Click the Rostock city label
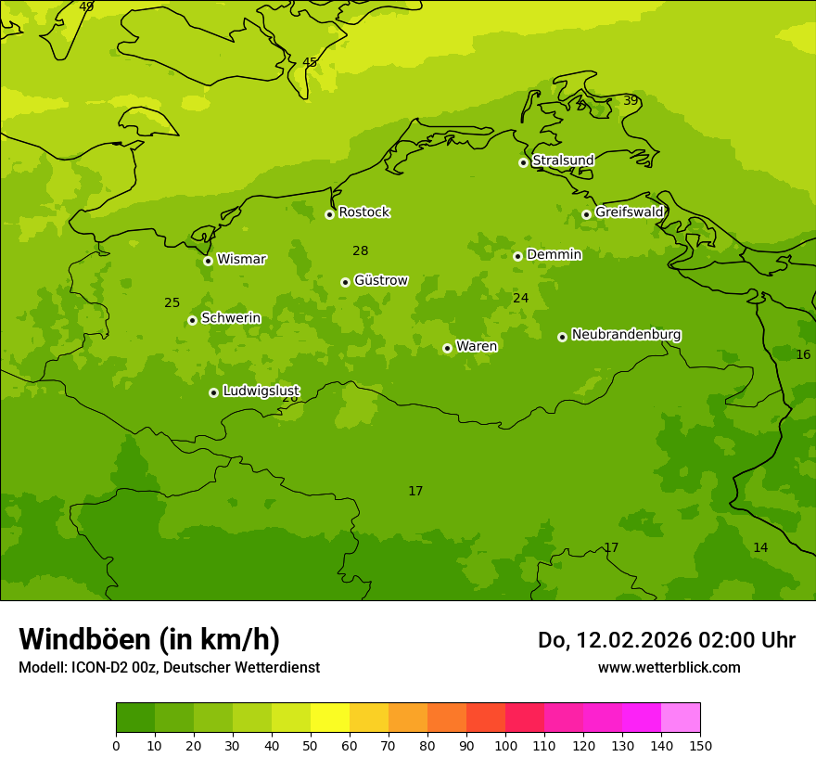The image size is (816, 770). click(x=363, y=212)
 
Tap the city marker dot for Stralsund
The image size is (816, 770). click(x=523, y=162)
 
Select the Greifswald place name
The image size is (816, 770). click(x=629, y=212)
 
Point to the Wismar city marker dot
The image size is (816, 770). click(x=208, y=261)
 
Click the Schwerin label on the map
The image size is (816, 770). click(x=231, y=318)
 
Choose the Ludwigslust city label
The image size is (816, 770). click(x=261, y=391)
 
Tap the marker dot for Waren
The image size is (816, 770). click(x=447, y=348)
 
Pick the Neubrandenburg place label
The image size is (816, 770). click(x=626, y=335)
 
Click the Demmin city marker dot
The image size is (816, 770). click(x=517, y=256)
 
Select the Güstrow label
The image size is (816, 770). click(x=380, y=280)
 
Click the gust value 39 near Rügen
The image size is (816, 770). click(x=631, y=100)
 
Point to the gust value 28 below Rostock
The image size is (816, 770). click(x=361, y=250)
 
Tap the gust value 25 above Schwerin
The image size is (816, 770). click(x=172, y=302)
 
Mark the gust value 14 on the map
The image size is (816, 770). click(x=760, y=547)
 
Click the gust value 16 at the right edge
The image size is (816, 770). click(x=803, y=354)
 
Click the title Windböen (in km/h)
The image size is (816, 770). click(x=149, y=639)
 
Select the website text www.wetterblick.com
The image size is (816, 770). click(x=669, y=667)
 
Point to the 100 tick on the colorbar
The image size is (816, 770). click(x=505, y=745)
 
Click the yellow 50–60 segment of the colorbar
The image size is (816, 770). click(x=330, y=718)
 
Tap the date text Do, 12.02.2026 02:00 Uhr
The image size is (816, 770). click(x=666, y=640)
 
